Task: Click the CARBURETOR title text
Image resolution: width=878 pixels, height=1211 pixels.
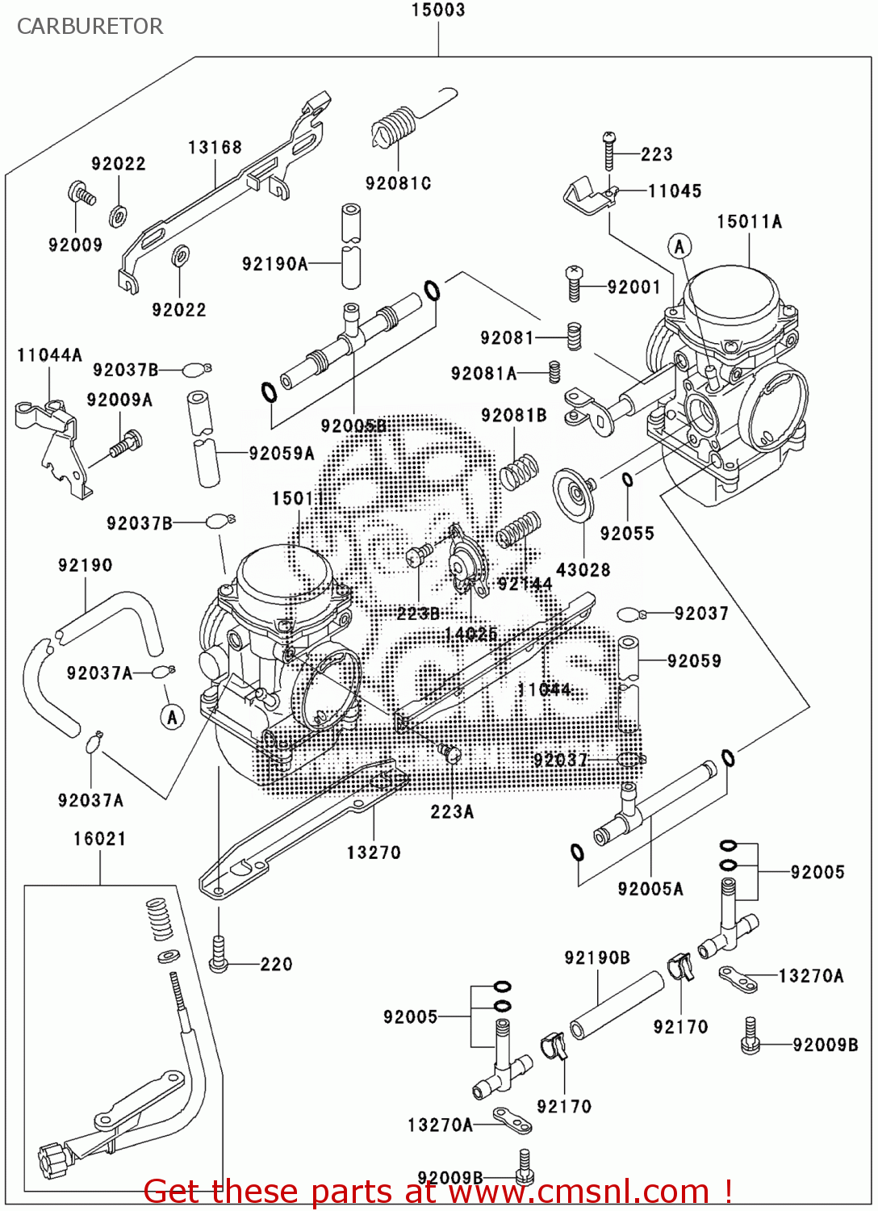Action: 90,27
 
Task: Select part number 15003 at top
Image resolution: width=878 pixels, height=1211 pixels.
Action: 437,10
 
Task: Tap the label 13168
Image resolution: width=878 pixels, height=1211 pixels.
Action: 215,148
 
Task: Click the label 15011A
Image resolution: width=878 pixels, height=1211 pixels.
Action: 749,222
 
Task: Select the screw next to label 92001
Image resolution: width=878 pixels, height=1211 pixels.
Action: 574,284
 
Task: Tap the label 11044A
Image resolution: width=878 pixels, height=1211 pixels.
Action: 49,355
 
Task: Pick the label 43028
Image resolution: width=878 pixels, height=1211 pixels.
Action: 583,570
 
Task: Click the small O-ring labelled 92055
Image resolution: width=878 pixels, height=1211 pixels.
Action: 627,480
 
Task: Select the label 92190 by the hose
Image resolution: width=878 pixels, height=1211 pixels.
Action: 85,565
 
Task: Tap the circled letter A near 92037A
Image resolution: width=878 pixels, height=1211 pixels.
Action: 171,716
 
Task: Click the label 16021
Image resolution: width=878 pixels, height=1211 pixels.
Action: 99,839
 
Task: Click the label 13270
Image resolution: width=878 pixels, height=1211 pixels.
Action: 373,853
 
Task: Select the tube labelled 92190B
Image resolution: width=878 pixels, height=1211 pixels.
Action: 617,1005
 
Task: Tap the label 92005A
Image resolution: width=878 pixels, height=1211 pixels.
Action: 650,889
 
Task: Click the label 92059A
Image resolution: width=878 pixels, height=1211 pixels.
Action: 281,454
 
